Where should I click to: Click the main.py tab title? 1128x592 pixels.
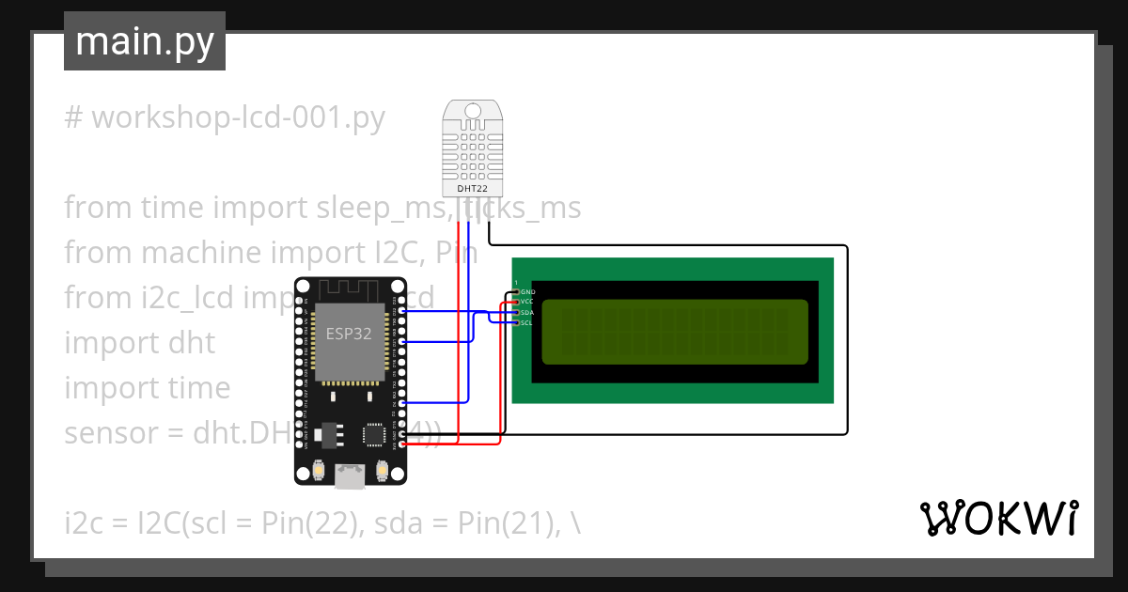tap(144, 41)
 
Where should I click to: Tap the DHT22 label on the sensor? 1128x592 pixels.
tap(472, 189)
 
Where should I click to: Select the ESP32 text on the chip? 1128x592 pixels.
tap(349, 334)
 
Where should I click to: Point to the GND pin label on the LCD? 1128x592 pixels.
tap(527, 292)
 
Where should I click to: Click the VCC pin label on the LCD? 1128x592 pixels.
tap(527, 302)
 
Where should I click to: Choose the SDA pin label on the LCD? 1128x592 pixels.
tap(527, 312)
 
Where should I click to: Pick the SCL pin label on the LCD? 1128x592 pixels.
tap(526, 322)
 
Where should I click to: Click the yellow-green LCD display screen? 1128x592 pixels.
tap(675, 332)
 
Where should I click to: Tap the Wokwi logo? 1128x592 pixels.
tap(998, 518)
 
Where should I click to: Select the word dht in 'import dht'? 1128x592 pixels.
tap(193, 343)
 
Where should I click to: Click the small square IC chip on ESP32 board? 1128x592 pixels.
tap(375, 434)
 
